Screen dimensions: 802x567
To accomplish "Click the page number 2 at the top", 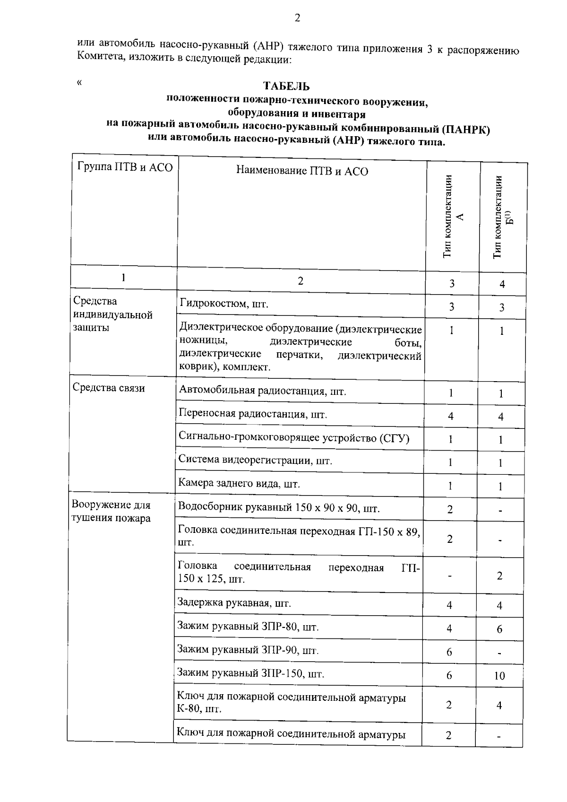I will pyautogui.click(x=297, y=18).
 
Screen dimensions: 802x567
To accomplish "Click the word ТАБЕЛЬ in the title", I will pyautogui.click(x=286, y=86).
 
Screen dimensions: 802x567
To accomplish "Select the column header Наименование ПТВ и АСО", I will pyautogui.click(x=302, y=171).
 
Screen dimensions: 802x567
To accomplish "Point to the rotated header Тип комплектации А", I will pyautogui.click(x=453, y=217).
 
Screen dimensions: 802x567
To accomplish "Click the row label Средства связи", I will pyautogui.click(x=109, y=388).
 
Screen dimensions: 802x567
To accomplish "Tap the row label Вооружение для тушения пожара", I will pyautogui.click(x=111, y=511).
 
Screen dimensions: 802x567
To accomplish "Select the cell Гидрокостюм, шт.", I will pyautogui.click(x=224, y=304).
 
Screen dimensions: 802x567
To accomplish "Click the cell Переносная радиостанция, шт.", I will pyautogui.click(x=253, y=414).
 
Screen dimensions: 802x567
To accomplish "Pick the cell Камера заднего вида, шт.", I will pyautogui.click(x=239, y=484).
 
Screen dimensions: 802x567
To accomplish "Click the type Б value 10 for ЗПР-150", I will pyautogui.click(x=499, y=676).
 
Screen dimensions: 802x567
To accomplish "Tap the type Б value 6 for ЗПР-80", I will pyautogui.click(x=499, y=629).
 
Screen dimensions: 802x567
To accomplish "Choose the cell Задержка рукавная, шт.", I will pyautogui.click(x=234, y=603).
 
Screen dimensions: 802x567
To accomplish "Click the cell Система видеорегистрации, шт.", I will pyautogui.click(x=255, y=460).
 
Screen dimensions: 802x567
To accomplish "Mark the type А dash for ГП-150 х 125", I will pyautogui.click(x=450, y=576).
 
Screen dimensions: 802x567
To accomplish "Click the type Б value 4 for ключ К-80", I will pyautogui.click(x=499, y=706).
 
